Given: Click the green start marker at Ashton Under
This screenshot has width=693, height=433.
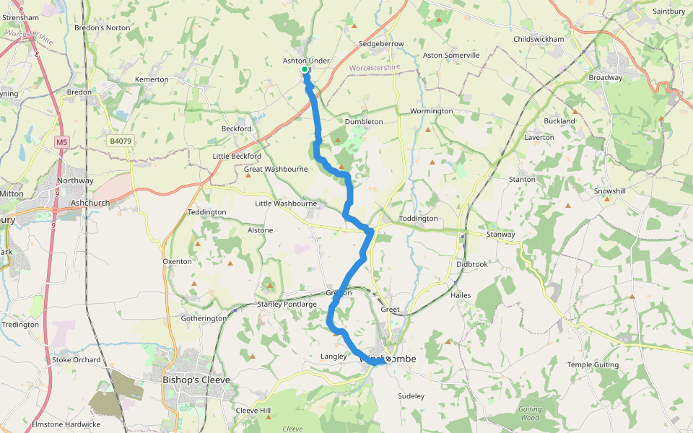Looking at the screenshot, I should click(305, 69).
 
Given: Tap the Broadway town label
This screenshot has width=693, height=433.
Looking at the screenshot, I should click(605, 77).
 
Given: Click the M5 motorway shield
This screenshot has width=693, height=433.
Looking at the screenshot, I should click(61, 142).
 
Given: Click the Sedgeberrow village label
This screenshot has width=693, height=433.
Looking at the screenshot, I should click(381, 44).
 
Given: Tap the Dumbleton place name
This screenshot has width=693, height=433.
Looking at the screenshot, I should click(364, 121).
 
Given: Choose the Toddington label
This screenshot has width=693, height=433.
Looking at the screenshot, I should click(418, 218).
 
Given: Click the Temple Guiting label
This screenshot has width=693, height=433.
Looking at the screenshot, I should click(593, 364).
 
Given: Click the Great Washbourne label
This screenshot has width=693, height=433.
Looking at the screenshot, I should click(276, 169).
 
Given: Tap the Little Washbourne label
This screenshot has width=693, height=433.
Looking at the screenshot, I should click(286, 204).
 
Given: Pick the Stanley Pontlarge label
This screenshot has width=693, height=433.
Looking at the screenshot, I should click(287, 304).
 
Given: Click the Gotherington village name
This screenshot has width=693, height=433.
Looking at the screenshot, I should click(203, 318).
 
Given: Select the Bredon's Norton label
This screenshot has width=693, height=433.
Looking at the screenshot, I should click(103, 27).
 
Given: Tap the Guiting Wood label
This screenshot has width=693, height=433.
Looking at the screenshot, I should click(529, 414).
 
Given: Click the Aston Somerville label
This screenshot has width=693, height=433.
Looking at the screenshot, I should click(451, 55).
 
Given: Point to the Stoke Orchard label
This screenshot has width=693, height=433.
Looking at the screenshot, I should click(77, 359).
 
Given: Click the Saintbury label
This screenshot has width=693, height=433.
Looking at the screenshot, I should click(668, 12).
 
